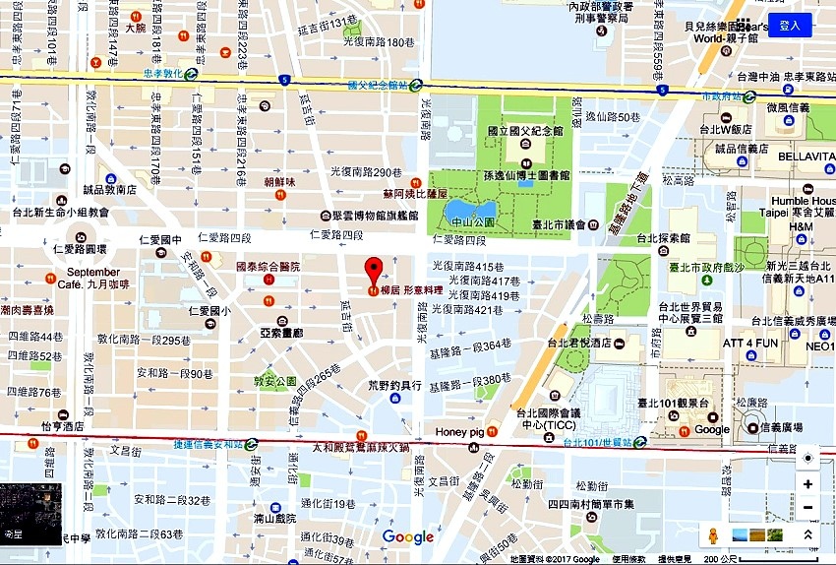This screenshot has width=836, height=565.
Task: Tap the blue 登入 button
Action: tap(789, 26)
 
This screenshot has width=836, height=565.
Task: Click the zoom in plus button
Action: tap(807, 484)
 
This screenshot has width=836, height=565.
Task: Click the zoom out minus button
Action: tap(807, 507)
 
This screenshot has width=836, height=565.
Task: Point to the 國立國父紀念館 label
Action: tap(524, 130)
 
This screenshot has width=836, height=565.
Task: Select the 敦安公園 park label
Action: tap(274, 380)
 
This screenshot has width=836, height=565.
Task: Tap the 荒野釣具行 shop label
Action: tap(394, 385)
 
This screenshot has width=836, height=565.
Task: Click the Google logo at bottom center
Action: tap(407, 536)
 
